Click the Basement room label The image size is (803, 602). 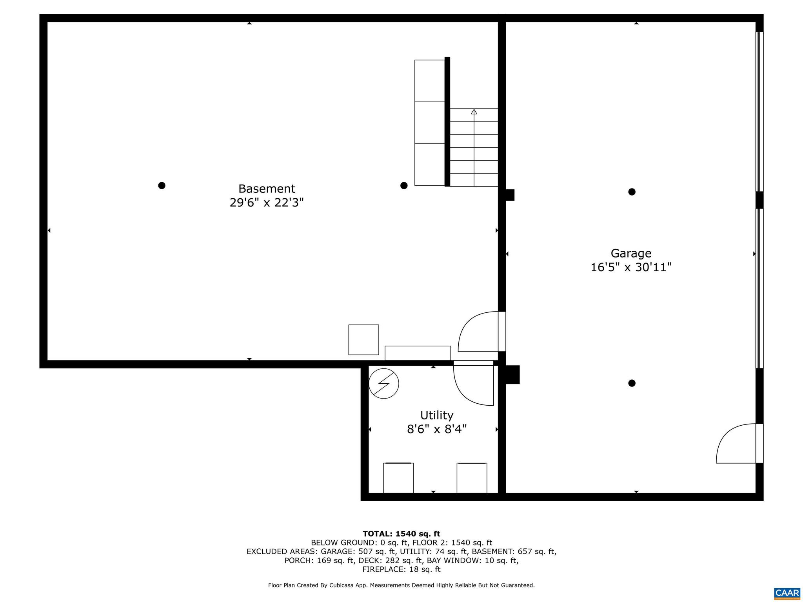point(267,189)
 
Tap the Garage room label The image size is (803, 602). point(631,254)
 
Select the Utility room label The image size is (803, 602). point(437,415)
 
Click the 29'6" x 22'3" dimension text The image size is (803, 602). point(267,203)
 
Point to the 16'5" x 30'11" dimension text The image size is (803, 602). point(631,267)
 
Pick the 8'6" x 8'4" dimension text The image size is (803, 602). point(437,429)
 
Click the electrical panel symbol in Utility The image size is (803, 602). point(384,384)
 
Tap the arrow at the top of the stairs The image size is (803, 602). point(474,112)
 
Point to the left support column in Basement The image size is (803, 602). point(162,185)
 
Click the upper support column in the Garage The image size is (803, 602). point(632,192)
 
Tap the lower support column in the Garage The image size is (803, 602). point(632,383)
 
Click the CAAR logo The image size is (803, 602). point(787,593)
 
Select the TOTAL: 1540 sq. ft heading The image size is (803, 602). point(401,534)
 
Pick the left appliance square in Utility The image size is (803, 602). point(398,478)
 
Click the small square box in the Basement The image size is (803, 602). point(363,340)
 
